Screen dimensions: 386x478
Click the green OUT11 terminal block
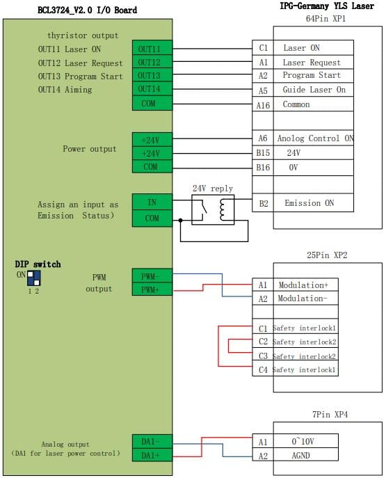coord(152,48)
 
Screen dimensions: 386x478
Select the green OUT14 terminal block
coord(152,88)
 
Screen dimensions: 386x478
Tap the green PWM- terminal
coord(152,276)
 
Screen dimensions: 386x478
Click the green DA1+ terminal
coord(152,455)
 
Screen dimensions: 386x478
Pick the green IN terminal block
coord(152,202)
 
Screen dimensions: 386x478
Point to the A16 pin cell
coord(263,105)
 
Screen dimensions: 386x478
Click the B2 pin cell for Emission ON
coord(263,203)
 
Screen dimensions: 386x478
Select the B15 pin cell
coord(263,153)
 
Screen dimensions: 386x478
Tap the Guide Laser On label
coord(314,90)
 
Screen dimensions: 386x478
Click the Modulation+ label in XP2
coord(303,285)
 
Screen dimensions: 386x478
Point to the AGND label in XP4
coord(300,456)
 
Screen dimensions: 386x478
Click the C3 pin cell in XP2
coord(263,356)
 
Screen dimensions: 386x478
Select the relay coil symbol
coord(222,209)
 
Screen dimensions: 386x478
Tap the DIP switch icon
coord(34,278)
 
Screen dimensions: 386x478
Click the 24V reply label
coord(213,189)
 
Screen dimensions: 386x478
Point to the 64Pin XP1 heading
coord(325,19)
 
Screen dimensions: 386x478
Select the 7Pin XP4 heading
coord(330,414)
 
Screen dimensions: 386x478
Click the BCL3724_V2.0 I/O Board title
coord(87,10)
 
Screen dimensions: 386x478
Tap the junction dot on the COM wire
coord(180,220)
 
